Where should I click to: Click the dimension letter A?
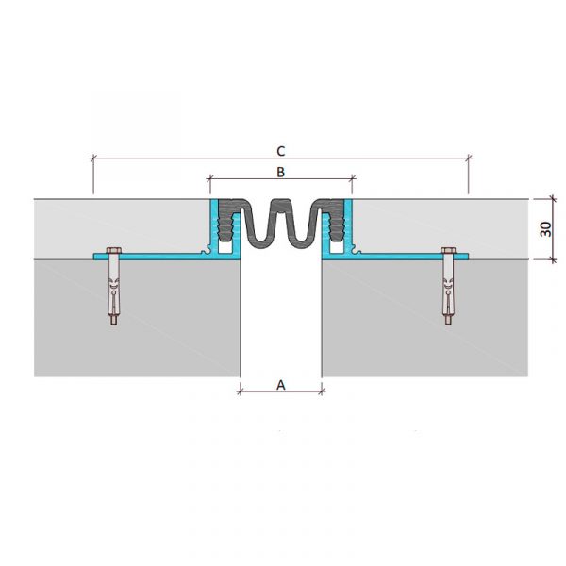tap(281, 385)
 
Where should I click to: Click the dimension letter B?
tap(280, 172)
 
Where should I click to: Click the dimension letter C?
tap(281, 151)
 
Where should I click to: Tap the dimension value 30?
tap(545, 229)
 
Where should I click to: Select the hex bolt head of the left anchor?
tap(114, 250)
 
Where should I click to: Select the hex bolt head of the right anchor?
tap(448, 250)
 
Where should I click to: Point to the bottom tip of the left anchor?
tap(114, 325)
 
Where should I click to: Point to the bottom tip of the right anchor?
tap(448, 324)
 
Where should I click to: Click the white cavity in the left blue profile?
tap(225, 247)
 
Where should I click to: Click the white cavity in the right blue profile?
tap(337, 247)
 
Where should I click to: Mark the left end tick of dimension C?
tap(93, 158)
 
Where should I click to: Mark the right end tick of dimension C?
tap(469, 158)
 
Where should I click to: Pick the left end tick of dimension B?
tap(210, 177)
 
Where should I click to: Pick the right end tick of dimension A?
tap(322, 391)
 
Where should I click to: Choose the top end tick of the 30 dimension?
tap(552, 198)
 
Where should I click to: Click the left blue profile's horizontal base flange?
tap(152, 257)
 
